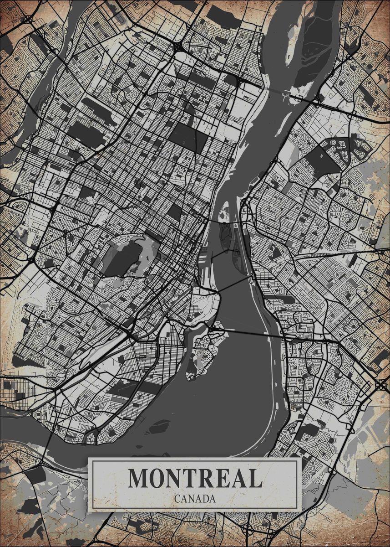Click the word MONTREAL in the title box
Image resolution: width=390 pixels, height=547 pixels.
195,478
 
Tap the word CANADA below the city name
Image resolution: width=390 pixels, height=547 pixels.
195,499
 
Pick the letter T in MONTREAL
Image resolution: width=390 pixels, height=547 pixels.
189,478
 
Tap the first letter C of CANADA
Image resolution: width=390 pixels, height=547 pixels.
177,499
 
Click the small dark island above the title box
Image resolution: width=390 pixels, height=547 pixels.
159,427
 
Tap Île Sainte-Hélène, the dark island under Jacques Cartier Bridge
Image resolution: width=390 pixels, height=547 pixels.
225,230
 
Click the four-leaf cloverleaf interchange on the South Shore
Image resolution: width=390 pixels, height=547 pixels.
381,385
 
